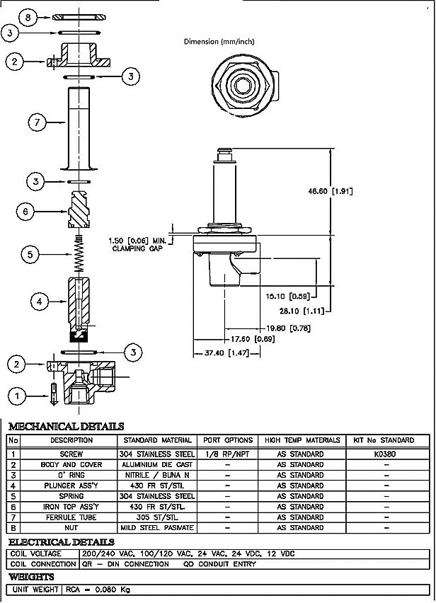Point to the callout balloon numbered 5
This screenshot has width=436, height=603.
(x=29, y=253)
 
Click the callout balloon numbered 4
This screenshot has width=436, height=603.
(x=40, y=301)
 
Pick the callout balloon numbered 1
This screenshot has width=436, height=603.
(x=18, y=395)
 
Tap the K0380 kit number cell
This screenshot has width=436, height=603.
(x=386, y=454)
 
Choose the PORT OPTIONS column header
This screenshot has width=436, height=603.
(x=227, y=440)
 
